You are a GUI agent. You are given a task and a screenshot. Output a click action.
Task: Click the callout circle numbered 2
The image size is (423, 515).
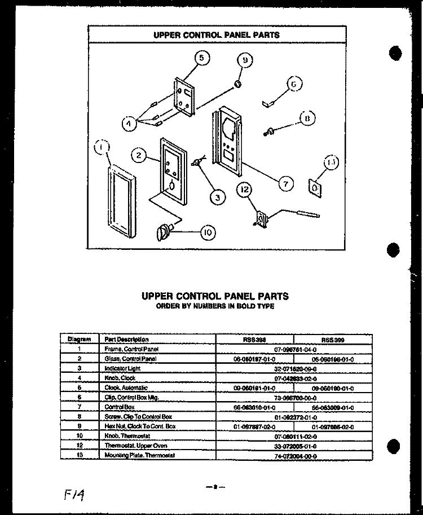coord(139,155)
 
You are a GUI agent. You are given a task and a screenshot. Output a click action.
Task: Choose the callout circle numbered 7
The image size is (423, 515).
coord(285,183)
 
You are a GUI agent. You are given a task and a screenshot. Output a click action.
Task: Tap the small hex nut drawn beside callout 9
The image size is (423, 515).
coord(238,85)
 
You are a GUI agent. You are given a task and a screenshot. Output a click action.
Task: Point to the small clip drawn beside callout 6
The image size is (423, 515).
coord(269,102)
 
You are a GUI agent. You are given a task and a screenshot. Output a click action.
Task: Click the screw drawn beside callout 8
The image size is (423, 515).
coord(270,131)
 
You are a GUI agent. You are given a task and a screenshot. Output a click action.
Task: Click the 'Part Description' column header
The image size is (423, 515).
coord(127,340)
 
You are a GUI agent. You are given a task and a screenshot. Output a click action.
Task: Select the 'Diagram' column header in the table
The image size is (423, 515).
coord(80,340)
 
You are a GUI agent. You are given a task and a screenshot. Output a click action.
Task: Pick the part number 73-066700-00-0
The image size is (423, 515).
coord(295,397)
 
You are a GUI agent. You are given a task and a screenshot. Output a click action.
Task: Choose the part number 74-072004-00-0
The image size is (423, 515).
coord(295,455)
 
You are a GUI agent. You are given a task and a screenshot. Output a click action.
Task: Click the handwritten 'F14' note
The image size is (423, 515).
coord(75,495)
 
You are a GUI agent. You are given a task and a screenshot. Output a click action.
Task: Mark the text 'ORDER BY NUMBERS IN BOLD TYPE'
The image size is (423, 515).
coord(215,306)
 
